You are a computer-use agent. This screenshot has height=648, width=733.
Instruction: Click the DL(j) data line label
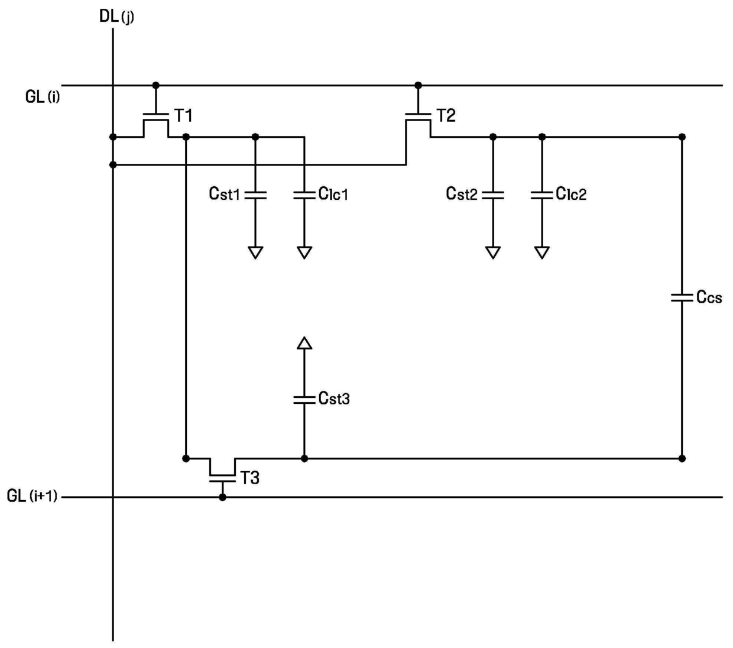(x=116, y=17)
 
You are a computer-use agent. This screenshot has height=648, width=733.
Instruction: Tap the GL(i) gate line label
(x=43, y=96)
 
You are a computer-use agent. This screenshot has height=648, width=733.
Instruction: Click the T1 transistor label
(x=183, y=115)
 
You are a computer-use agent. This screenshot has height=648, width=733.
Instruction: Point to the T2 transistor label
(x=446, y=115)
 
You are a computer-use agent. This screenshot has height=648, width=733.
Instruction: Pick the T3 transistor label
(x=250, y=478)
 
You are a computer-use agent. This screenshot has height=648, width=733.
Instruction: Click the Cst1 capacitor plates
(x=255, y=195)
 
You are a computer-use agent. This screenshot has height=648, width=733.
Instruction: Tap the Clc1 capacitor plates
(x=304, y=195)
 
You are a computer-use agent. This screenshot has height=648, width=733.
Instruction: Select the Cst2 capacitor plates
(x=493, y=195)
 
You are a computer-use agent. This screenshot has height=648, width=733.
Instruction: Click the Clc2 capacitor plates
(x=541, y=195)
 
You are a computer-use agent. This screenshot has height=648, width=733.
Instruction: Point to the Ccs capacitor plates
(x=682, y=298)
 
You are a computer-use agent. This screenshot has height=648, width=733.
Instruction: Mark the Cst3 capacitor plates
(x=304, y=400)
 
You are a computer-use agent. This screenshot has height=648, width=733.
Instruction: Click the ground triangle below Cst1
(x=255, y=252)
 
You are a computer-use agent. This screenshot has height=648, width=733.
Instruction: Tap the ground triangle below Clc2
(x=541, y=252)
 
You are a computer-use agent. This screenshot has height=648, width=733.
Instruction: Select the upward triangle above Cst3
(x=304, y=343)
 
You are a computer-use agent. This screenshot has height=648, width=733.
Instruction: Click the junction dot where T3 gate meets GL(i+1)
(x=222, y=497)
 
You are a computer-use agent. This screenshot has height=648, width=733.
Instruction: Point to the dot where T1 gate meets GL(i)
(x=155, y=85)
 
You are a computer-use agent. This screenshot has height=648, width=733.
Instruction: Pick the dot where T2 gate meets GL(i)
(x=418, y=85)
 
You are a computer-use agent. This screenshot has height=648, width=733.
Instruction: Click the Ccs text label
(x=709, y=297)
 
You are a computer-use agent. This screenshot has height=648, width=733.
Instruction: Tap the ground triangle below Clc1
(x=304, y=252)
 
